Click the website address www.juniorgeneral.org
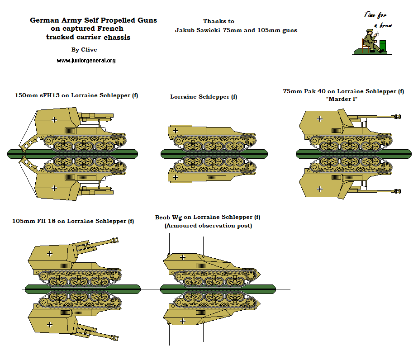[86, 61]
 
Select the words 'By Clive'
[84, 49]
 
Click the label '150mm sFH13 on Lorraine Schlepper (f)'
[76, 95]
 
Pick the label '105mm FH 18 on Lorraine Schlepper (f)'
[73, 221]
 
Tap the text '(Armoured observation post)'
[208, 226]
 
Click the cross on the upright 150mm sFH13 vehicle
[54, 120]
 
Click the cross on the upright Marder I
[320, 118]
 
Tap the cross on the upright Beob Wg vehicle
[182, 257]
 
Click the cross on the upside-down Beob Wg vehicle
[182, 321]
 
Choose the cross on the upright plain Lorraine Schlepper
[176, 130]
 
